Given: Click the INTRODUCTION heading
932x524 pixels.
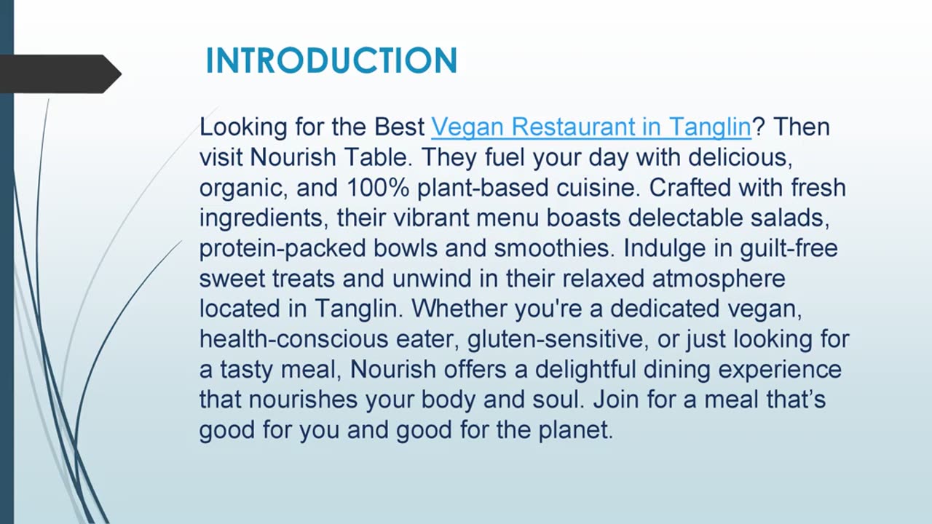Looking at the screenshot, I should pos(331,60).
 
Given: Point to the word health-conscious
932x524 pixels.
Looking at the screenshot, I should pos(293,339).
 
